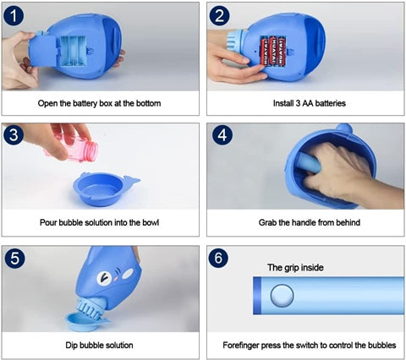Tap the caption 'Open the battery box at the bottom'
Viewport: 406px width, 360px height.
(100, 103)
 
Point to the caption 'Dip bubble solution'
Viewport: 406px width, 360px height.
(100, 345)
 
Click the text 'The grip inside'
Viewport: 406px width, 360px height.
(295, 267)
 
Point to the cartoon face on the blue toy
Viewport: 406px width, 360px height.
(105, 281)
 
